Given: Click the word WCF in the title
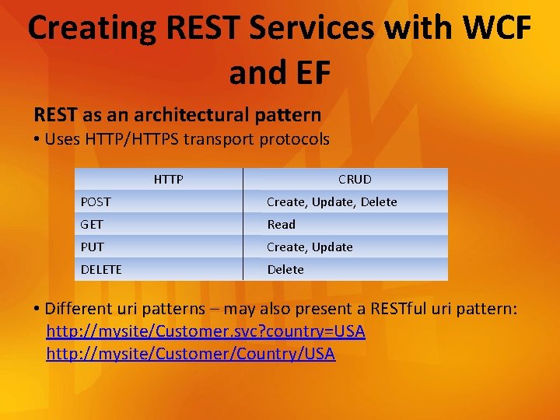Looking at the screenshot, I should pyautogui.click(x=497, y=28).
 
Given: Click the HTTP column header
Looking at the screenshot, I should pyautogui.click(x=168, y=180).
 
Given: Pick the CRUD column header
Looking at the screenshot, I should pyautogui.click(x=355, y=180).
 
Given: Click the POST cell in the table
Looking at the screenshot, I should pyautogui.click(x=96, y=202).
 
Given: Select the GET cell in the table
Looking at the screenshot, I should pyautogui.click(x=91, y=225).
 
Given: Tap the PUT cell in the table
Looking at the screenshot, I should pyautogui.click(x=91, y=247).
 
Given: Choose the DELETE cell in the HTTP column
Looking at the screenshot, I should pyautogui.click(x=101, y=270).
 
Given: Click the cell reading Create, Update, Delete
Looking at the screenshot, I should pyautogui.click(x=332, y=202).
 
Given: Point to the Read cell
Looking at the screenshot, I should pyautogui.click(x=282, y=225).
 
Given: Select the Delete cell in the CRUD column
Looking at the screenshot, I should pyautogui.click(x=285, y=270).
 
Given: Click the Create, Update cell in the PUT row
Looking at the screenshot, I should pyautogui.click(x=310, y=247).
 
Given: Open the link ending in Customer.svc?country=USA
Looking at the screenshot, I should pyautogui.click(x=205, y=332).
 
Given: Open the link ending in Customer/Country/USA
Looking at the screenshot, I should pyautogui.click(x=191, y=355).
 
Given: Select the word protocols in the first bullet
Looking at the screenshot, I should pyautogui.click(x=296, y=140).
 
